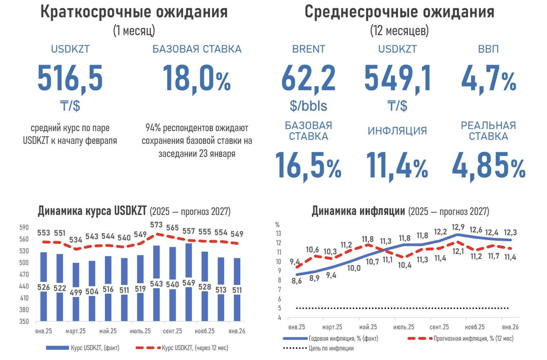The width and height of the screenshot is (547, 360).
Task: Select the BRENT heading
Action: [x=309, y=49]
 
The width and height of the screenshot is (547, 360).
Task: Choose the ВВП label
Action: [x=488, y=49]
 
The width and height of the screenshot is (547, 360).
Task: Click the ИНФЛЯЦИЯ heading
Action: [x=397, y=131]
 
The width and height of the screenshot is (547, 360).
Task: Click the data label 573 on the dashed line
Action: [x=156, y=225]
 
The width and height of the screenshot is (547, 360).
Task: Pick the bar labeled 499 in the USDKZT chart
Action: [x=76, y=275]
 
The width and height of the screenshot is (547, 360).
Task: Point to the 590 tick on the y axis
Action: [x=24, y=228]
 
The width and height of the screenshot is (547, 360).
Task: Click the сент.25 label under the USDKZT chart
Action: [x=172, y=331]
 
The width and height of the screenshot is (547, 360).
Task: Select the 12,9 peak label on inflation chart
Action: [x=458, y=227]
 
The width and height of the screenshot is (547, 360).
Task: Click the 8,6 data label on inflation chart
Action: [x=297, y=281]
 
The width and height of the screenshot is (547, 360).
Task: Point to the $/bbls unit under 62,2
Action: [x=308, y=106]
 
